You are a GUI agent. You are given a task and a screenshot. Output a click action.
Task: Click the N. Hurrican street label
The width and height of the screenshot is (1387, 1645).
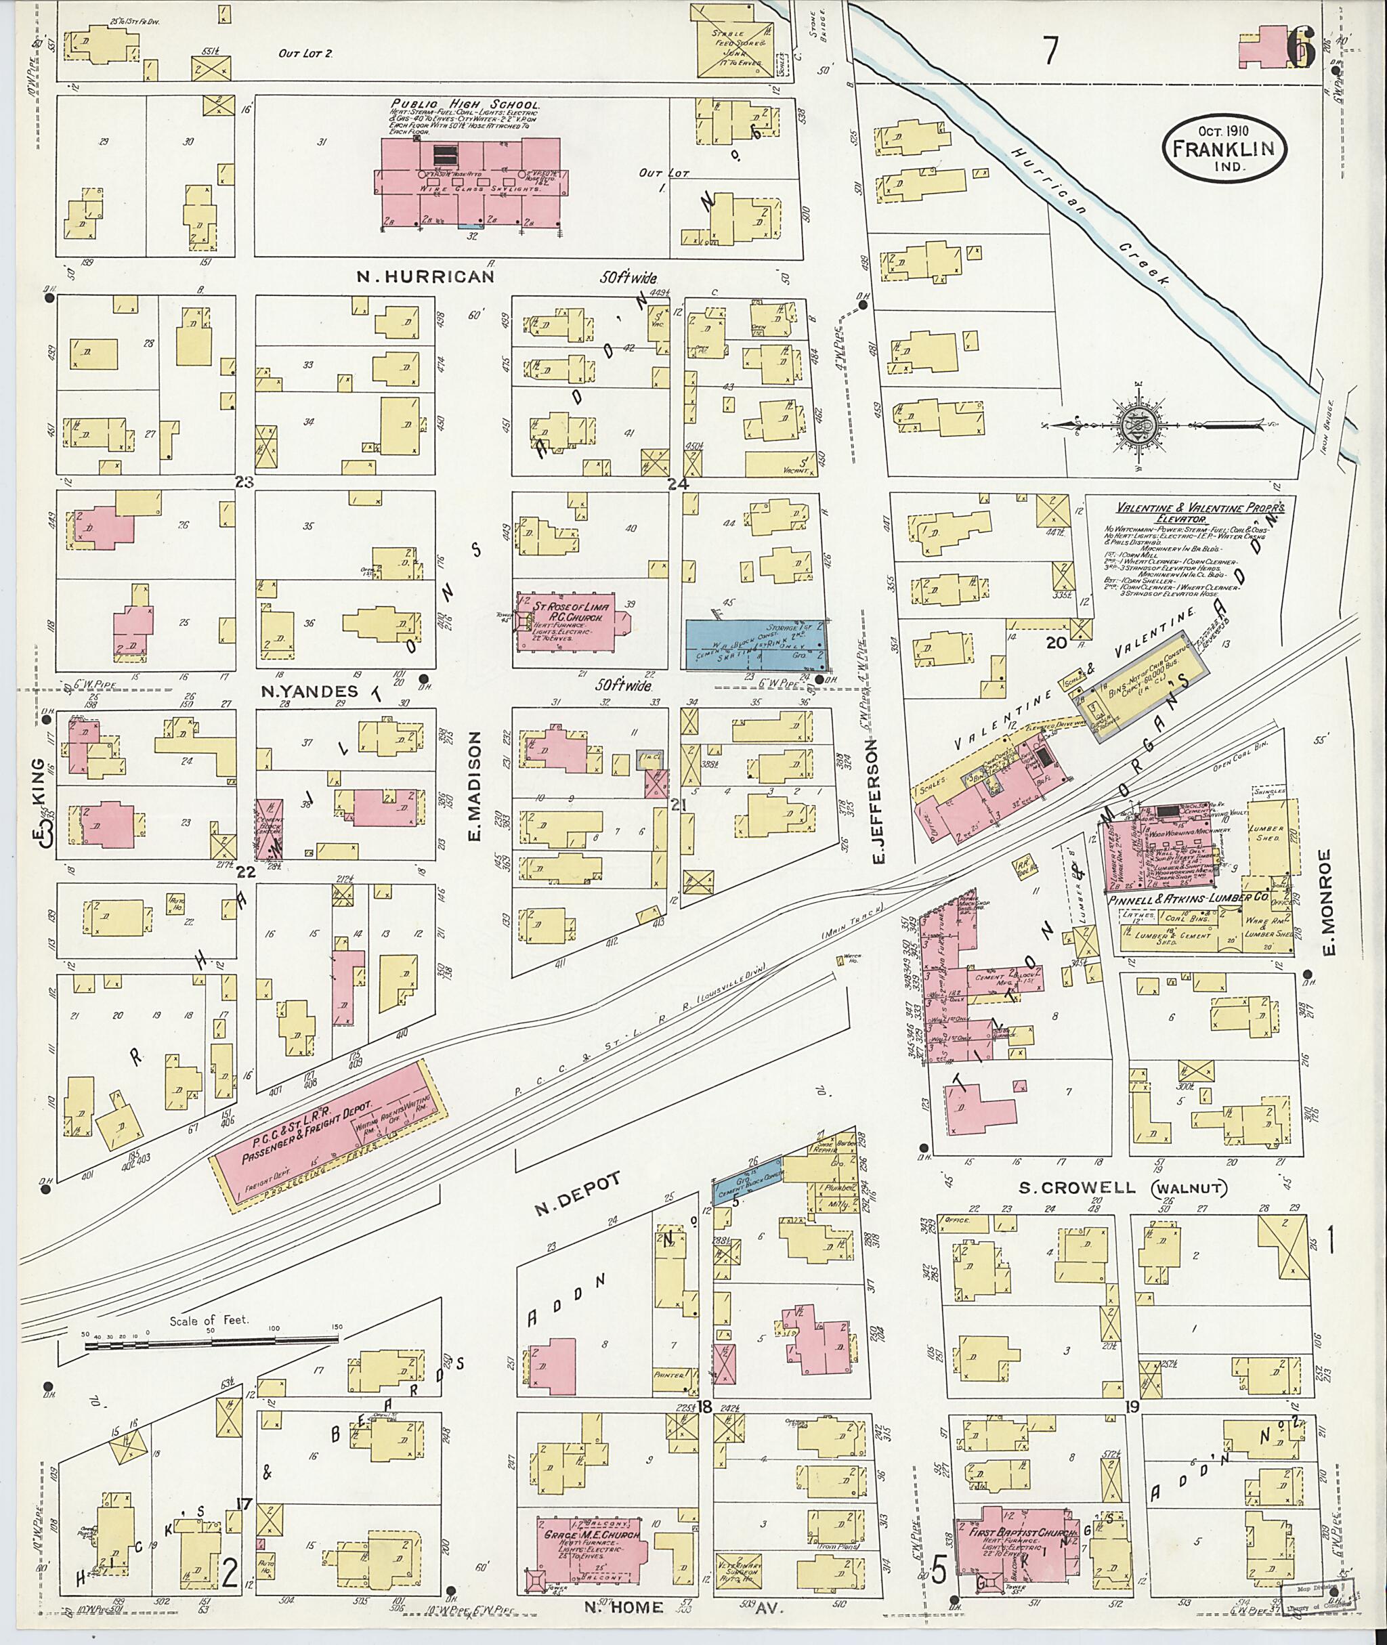425,277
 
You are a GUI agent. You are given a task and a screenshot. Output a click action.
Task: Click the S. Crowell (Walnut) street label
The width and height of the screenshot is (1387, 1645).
1122,1188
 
